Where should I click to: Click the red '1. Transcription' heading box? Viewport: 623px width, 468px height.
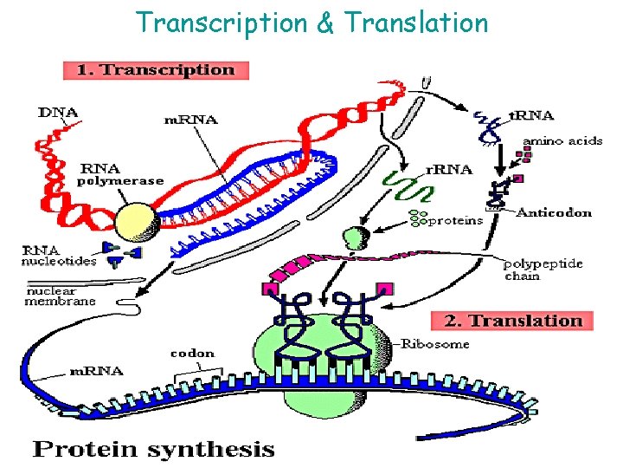pos(156,69)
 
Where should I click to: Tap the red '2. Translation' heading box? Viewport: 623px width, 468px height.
pos(513,321)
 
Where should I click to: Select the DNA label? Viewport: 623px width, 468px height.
pos(59,113)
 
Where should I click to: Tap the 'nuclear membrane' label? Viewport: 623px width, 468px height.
pos(59,296)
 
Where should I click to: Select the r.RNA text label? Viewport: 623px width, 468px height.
pos(448,170)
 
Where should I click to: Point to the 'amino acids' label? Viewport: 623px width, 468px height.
pos(561,141)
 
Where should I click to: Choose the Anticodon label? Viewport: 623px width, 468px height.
pos(554,212)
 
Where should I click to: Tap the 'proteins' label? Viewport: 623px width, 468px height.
pos(457,220)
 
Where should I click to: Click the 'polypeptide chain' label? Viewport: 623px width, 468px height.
pos(543,270)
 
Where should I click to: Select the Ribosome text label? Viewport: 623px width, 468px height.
pos(436,344)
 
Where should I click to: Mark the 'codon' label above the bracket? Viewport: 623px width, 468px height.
pos(192,354)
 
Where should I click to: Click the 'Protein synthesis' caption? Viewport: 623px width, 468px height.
pos(153,449)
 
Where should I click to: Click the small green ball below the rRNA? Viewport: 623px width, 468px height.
pos(356,235)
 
